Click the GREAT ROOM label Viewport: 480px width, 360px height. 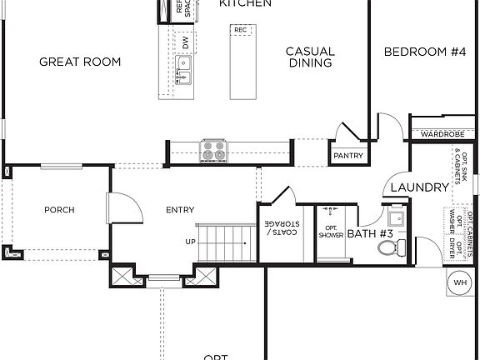click(80, 62)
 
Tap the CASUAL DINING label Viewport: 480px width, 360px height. click(310, 57)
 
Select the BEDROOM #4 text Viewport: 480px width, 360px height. click(424, 52)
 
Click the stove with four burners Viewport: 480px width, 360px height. click(212, 151)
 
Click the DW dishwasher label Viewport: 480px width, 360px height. click(185, 42)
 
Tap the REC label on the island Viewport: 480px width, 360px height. click(241, 30)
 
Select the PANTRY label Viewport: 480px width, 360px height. click(347, 155)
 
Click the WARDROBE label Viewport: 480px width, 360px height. click(442, 133)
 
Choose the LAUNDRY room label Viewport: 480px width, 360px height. click(419, 187)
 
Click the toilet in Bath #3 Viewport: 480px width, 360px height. click(388, 247)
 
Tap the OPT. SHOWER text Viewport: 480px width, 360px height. click(330, 232)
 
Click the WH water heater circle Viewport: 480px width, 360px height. click(459, 283)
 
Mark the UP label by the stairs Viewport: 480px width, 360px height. click(191, 242)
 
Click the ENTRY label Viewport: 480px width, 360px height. click(180, 210)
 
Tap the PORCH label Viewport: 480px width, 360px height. click(59, 210)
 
